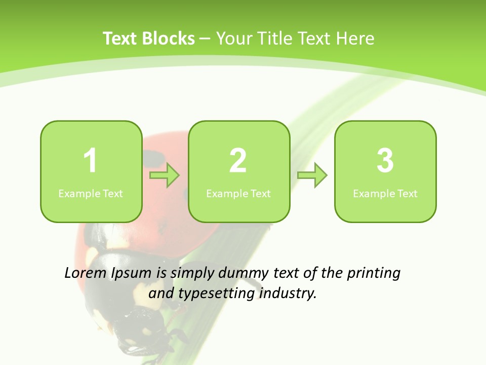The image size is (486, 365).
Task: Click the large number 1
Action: point(90,161)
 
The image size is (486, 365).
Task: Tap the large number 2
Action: point(238,161)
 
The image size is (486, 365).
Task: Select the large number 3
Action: point(385,161)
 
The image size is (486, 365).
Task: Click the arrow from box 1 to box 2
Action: point(165,175)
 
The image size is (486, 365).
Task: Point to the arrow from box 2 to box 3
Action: point(312,175)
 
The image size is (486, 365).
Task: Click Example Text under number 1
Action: point(91,194)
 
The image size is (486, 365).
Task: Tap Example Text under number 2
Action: point(238,194)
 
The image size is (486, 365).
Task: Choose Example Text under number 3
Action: point(385,194)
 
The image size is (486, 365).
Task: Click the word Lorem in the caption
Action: point(85,273)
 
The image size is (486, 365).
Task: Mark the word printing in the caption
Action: point(374,274)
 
